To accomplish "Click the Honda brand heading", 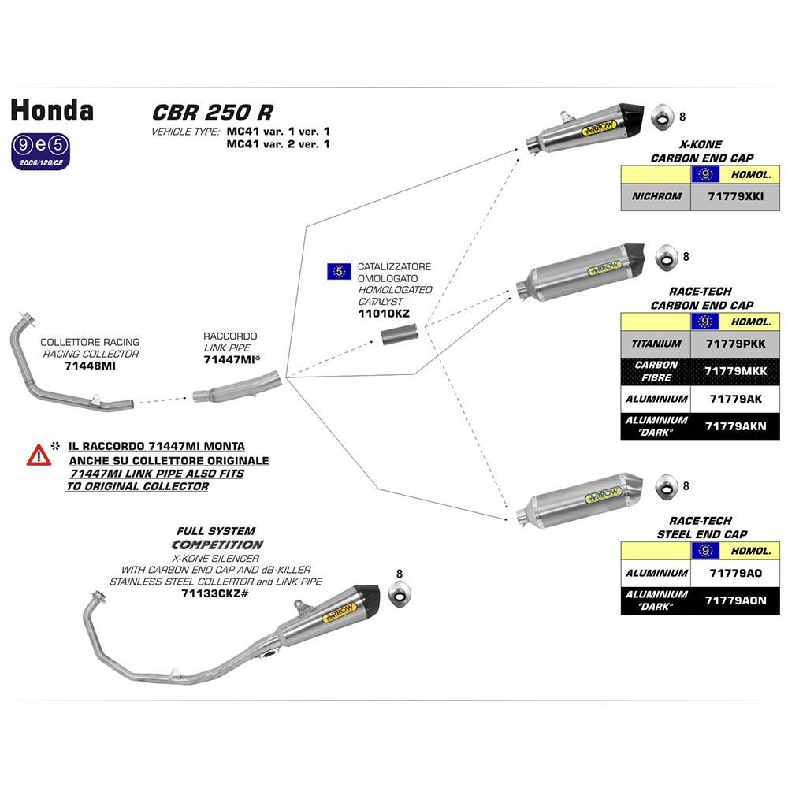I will (52, 110).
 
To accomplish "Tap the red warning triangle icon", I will (39, 455).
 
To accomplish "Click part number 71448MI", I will (90, 366).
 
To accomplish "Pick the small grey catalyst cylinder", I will (398, 337).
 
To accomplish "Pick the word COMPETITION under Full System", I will (217, 545).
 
